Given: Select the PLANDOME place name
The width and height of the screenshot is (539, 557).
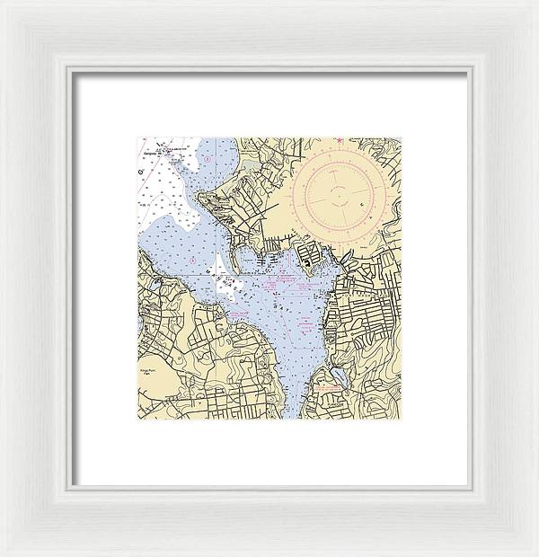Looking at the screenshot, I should tap(335, 403).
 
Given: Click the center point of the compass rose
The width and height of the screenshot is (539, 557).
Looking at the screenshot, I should tap(340, 190).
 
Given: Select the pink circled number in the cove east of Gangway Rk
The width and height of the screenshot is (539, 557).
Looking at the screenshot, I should tap(207, 160).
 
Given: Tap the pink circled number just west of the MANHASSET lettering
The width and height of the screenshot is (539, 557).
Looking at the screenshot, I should tap(190, 258).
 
